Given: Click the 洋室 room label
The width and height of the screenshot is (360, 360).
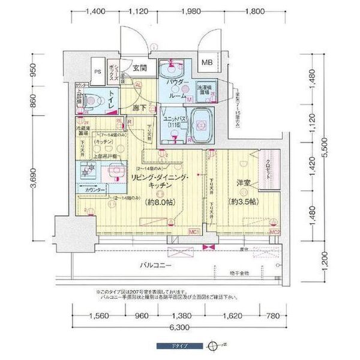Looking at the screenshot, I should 242,182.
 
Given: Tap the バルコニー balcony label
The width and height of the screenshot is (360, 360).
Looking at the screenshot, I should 157,265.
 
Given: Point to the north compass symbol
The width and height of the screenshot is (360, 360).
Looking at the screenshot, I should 212,346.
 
